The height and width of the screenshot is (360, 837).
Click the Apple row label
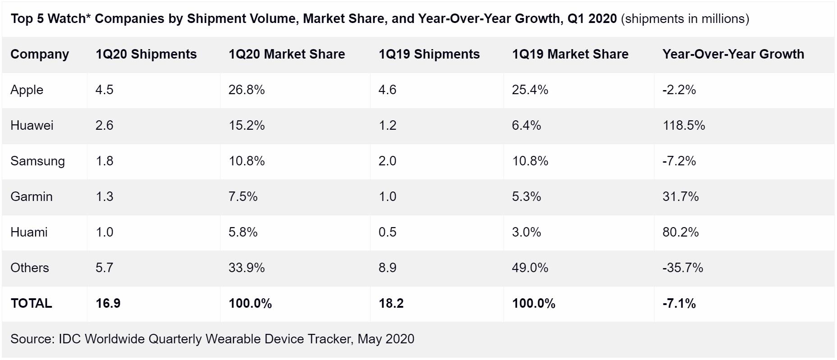pyautogui.click(x=27, y=90)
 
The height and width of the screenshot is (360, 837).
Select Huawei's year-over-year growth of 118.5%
pyautogui.click(x=683, y=125)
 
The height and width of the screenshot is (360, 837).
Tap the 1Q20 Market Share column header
pyautogui.click(x=287, y=54)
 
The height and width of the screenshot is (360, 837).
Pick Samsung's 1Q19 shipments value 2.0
pyautogui.click(x=387, y=161)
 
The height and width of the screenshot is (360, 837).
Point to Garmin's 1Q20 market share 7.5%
pyautogui.click(x=243, y=196)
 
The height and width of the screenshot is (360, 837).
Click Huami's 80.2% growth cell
pyautogui.click(x=680, y=232)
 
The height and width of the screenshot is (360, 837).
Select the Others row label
pyautogui.click(x=30, y=268)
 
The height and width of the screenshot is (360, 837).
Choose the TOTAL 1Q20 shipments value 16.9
pyautogui.click(x=108, y=303)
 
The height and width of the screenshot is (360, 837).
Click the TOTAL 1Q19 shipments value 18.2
pyautogui.click(x=391, y=303)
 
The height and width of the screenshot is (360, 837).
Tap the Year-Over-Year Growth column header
pyautogui.click(x=733, y=54)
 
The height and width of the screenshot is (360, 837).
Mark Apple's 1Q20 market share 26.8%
pyautogui.click(x=247, y=90)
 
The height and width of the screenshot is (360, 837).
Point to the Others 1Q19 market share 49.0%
pyautogui.click(x=530, y=268)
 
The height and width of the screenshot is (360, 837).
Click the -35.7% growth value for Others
pyautogui.click(x=682, y=268)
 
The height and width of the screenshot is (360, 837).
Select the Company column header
pyautogui.click(x=40, y=54)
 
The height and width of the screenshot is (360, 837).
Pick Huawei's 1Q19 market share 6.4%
pyautogui.click(x=526, y=125)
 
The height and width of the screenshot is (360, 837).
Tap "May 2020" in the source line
pyautogui.click(x=386, y=339)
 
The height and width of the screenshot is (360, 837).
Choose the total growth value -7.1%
pyautogui.click(x=679, y=303)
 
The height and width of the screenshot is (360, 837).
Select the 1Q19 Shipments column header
pyautogui.click(x=429, y=54)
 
